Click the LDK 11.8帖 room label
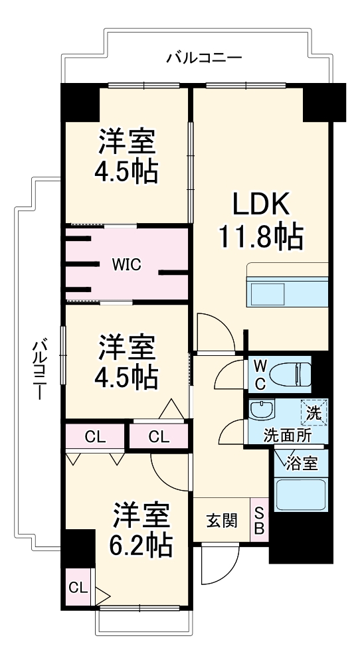(x=260, y=220)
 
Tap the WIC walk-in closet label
(x=126, y=264)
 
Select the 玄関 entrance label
(x=221, y=521)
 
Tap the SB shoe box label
(x=259, y=521)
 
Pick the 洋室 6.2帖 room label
(x=140, y=531)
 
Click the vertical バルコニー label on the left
(x=39, y=369)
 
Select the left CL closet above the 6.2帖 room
(x=95, y=436)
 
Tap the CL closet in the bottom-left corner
(x=78, y=588)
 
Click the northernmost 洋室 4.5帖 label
(x=128, y=155)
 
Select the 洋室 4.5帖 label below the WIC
(x=128, y=362)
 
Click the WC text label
(x=260, y=374)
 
